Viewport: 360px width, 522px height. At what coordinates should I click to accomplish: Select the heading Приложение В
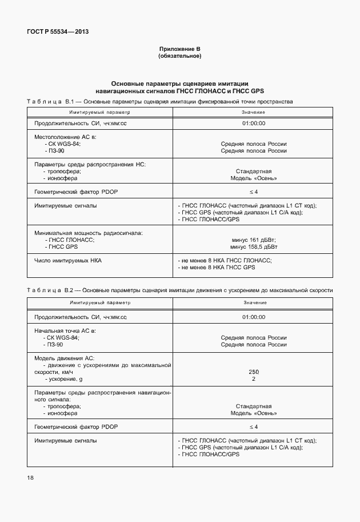click(x=179, y=50)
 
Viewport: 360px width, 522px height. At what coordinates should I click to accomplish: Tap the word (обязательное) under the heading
click(x=179, y=57)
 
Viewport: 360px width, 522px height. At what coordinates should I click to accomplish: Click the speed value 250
click(x=254, y=372)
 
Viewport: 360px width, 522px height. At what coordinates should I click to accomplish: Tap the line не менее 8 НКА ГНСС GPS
click(x=217, y=267)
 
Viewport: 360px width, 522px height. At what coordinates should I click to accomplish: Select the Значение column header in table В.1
click(x=253, y=113)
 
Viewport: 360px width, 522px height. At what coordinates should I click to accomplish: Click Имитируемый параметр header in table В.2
click(x=101, y=302)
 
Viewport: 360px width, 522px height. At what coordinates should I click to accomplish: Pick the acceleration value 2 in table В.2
click(x=254, y=379)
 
